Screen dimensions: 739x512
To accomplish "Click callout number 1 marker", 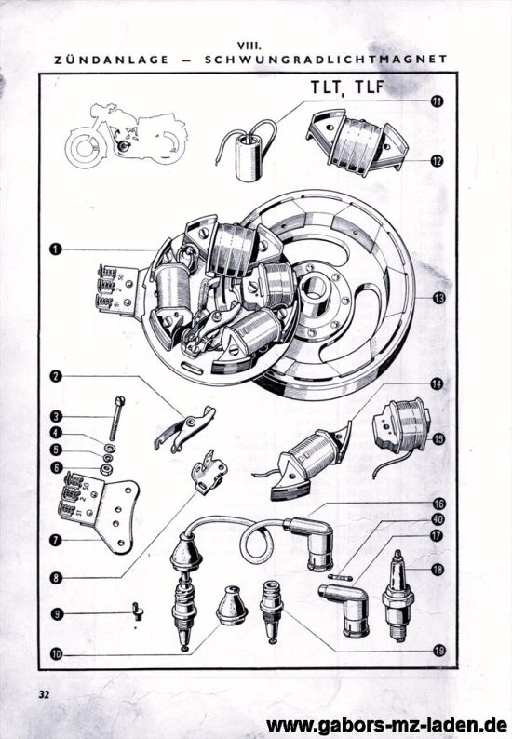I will [x=56, y=249].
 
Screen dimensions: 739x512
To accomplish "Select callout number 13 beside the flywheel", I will [x=437, y=297].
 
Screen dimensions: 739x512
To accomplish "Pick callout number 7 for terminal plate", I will [x=56, y=539].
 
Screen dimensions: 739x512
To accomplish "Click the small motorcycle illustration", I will [x=125, y=135].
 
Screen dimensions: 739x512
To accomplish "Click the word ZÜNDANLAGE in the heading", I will [x=112, y=59].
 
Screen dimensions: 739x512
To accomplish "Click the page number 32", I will [x=45, y=694].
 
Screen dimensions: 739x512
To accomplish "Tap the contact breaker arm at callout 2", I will [x=184, y=427].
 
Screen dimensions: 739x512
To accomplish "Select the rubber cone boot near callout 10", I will [x=231, y=607].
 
